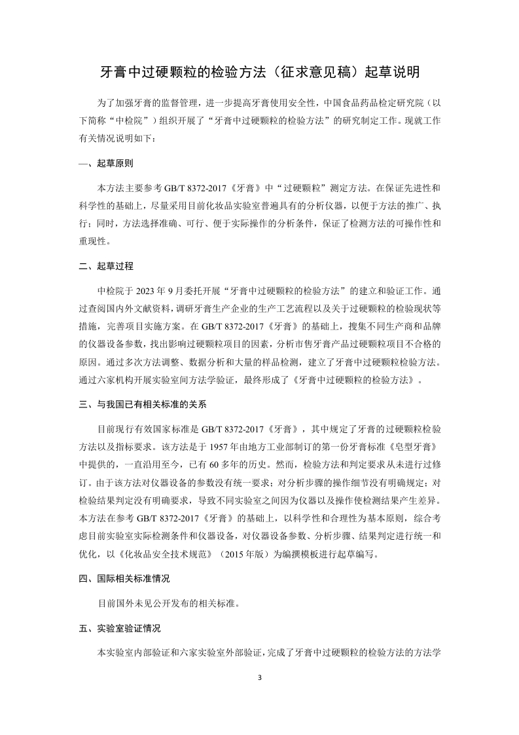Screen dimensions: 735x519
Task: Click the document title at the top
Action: point(259,71)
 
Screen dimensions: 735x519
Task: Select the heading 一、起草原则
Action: point(106,162)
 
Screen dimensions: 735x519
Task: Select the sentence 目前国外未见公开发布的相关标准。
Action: point(168,603)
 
